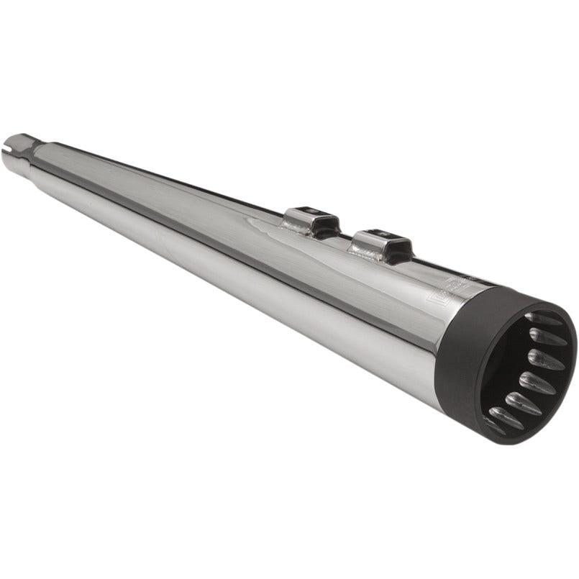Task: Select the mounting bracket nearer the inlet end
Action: (311, 220)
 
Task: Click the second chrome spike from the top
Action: (547, 335)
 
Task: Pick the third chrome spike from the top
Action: (544, 360)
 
